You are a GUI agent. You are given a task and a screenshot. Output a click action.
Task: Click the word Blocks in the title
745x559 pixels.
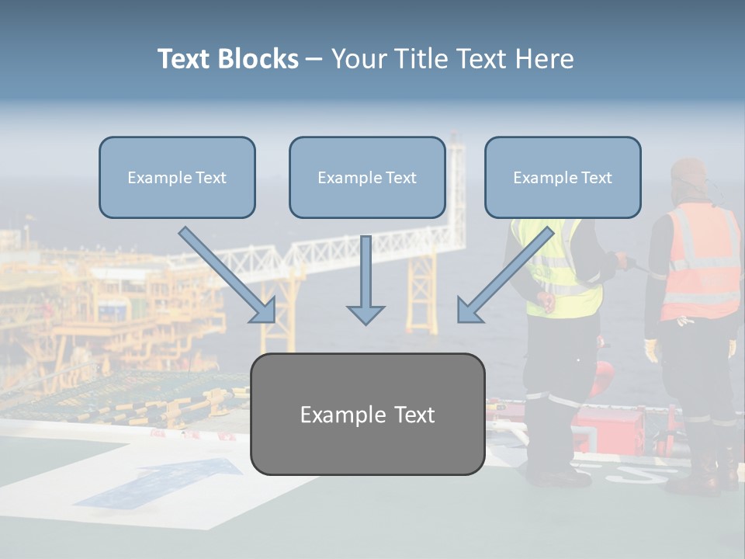[259, 59]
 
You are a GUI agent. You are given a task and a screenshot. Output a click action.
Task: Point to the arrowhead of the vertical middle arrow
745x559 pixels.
[366, 314]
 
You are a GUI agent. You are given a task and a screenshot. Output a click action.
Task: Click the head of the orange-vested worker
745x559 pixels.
[689, 177]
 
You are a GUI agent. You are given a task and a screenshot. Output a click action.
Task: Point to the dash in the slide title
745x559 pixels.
[314, 59]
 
